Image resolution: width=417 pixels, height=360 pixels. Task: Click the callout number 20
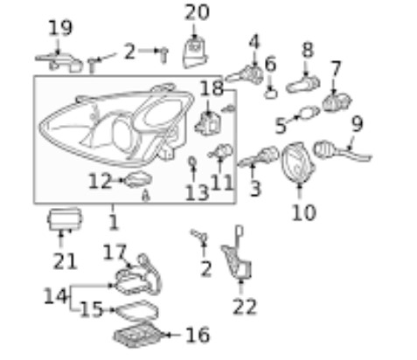click(197, 12)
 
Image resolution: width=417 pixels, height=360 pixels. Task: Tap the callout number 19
click(60, 28)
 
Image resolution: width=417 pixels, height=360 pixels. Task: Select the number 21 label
click(65, 261)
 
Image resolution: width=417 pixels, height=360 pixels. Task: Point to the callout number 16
click(198, 335)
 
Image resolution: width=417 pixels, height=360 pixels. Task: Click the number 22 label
click(245, 307)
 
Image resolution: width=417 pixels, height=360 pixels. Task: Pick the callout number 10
click(303, 212)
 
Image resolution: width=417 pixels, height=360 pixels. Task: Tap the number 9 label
click(358, 123)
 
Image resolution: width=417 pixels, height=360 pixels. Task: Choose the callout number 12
click(100, 181)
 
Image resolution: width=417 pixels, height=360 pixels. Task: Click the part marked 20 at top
click(196, 53)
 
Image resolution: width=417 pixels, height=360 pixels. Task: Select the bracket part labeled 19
click(59, 62)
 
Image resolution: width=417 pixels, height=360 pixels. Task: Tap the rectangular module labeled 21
click(65, 219)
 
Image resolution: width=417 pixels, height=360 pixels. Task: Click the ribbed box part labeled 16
click(137, 336)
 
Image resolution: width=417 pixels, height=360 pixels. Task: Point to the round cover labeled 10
click(298, 163)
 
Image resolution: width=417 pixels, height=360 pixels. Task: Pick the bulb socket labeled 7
click(337, 103)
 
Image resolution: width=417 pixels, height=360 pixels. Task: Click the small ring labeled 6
click(271, 94)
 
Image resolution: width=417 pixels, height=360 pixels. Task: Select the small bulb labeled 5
click(309, 113)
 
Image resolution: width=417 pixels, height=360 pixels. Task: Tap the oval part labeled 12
click(138, 179)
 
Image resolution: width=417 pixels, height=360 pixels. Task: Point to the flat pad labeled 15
click(137, 311)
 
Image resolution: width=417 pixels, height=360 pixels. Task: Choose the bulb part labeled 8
click(303, 84)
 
